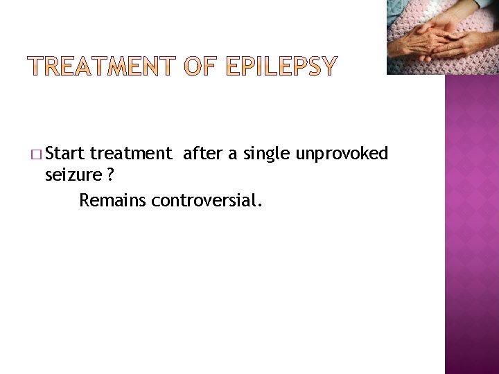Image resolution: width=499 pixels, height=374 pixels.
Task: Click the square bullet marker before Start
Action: tap(37, 154)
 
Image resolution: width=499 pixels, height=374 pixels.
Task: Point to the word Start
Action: tap(67, 153)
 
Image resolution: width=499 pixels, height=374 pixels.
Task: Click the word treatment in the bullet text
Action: tap(130, 153)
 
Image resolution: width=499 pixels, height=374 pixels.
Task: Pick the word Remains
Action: tap(112, 201)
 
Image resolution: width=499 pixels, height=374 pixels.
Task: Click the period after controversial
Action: tap(261, 206)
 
